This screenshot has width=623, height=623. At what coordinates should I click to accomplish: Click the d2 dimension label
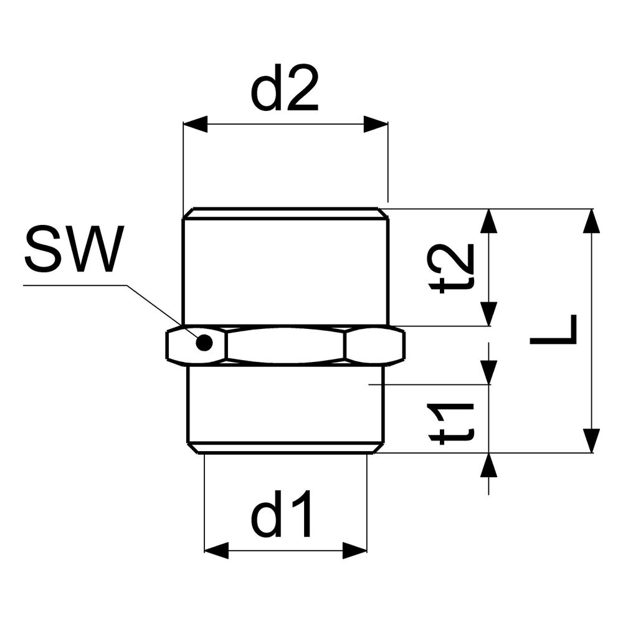(x=285, y=87)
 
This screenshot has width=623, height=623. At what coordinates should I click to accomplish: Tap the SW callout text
(x=74, y=249)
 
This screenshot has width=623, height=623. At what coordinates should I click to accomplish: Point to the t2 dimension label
(x=451, y=268)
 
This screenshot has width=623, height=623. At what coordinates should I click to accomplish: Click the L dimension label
(x=553, y=330)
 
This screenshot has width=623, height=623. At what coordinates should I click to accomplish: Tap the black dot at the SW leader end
(x=204, y=343)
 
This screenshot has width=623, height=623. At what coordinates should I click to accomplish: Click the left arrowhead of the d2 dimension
(x=195, y=125)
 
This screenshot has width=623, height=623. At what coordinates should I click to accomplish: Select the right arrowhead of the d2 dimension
(x=376, y=125)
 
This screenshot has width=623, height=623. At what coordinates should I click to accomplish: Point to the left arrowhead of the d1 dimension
(x=216, y=551)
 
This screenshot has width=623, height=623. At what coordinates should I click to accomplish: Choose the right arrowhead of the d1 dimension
(x=355, y=551)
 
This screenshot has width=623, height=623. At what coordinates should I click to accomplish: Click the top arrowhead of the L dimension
(x=592, y=221)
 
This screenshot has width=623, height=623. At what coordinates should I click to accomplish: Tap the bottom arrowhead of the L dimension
(x=592, y=440)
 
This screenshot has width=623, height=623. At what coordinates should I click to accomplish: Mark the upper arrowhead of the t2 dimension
(x=489, y=221)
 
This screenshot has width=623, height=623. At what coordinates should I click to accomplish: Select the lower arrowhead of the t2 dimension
(x=489, y=314)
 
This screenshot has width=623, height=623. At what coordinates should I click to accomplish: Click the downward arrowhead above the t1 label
(x=489, y=373)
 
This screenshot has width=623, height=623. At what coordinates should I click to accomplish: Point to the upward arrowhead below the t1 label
(x=489, y=465)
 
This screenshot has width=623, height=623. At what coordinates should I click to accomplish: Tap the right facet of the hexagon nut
(x=375, y=345)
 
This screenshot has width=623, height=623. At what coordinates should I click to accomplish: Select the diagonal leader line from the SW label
(x=161, y=311)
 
